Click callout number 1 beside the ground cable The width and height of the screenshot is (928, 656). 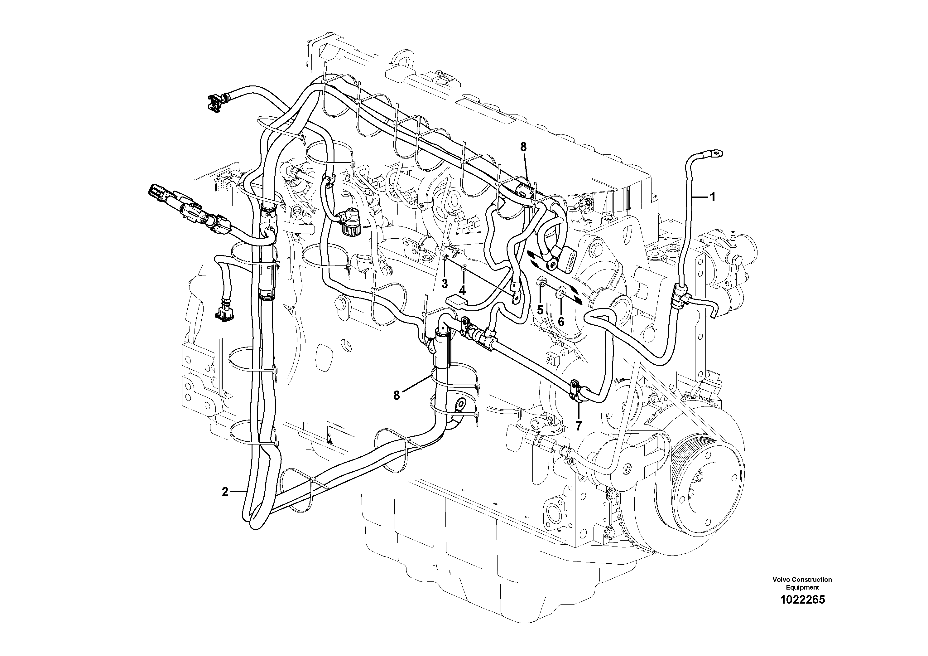(713, 197)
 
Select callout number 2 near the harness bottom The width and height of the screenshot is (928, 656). (225, 492)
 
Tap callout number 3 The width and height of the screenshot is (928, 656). (445, 284)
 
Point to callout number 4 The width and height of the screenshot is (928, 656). (462, 290)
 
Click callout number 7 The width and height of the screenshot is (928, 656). (579, 425)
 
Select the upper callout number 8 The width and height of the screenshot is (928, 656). (523, 148)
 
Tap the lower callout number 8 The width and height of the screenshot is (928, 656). (397, 396)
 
